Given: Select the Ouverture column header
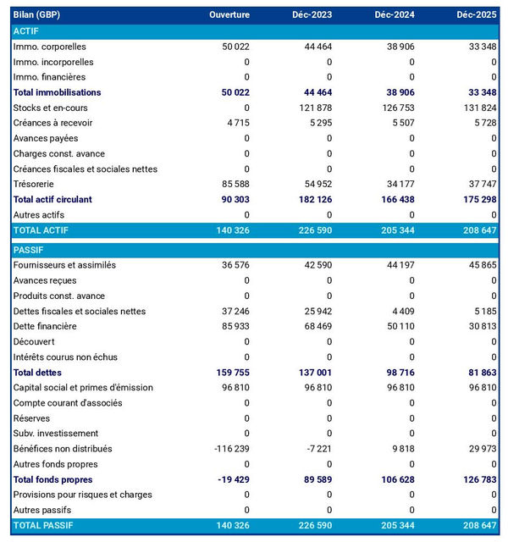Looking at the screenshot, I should [229, 15].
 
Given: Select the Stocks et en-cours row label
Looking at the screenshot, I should [51, 108].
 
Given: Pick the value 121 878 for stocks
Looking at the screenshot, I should [313, 108].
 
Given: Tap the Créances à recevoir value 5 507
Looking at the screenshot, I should [400, 123].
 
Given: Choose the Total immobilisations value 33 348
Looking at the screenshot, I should [480, 92].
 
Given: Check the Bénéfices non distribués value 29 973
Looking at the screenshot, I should [480, 449].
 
